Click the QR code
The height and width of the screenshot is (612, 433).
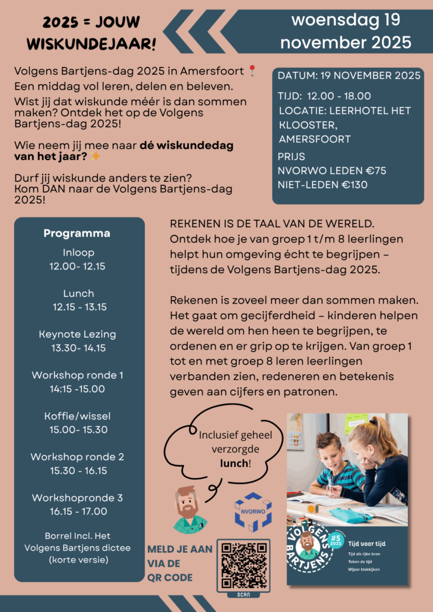pos(243,565)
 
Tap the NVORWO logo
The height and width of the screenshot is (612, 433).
pos(253,512)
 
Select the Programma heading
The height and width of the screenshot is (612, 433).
pos(77,233)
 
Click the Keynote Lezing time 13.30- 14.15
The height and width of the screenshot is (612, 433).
pos(78,348)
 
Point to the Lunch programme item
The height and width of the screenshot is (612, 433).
pos(78,293)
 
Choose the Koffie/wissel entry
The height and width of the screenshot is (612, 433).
pos(78,416)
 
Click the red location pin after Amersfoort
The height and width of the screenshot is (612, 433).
pos(252,71)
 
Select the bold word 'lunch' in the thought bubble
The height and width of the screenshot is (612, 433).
pos(233,463)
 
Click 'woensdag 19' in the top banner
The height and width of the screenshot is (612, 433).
pos(346,20)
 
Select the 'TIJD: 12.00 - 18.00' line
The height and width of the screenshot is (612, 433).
pos(324,96)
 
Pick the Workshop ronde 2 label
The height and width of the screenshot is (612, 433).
pos(78,457)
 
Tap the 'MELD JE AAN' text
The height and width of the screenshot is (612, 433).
pos(179,549)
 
